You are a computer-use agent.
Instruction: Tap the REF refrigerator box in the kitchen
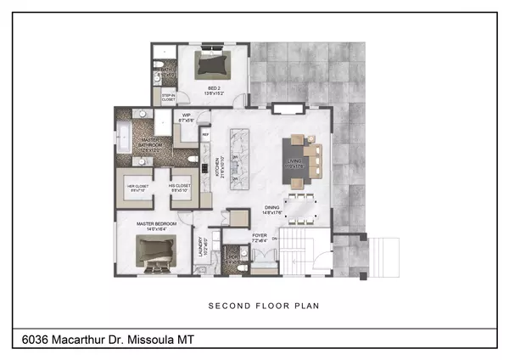[204, 133]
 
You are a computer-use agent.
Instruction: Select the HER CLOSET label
[138, 188]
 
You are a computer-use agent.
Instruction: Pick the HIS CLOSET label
[178, 188]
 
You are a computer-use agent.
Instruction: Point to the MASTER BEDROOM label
[154, 225]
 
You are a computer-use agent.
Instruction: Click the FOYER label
[261, 238]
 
